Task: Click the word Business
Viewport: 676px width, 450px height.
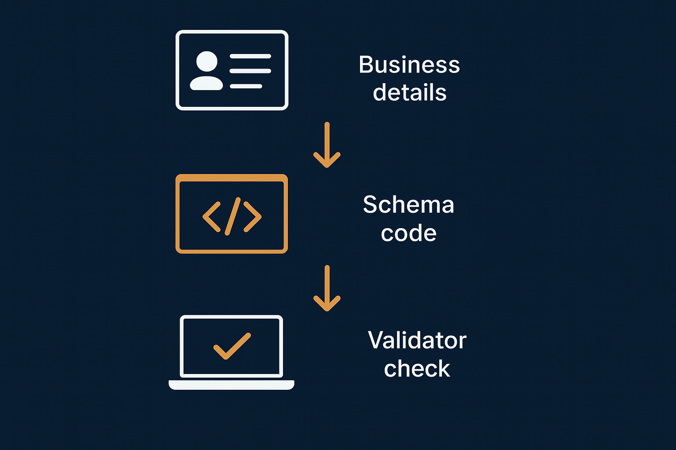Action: (409, 65)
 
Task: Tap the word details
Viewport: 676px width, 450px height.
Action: (409, 93)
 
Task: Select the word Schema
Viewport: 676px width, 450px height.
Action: (408, 205)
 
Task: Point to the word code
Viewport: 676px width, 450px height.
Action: (408, 233)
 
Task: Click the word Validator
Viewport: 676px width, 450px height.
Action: (417, 341)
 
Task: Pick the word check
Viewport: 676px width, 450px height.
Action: (417, 369)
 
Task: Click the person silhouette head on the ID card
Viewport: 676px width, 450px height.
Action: (206, 61)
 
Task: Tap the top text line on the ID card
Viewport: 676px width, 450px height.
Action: (250, 56)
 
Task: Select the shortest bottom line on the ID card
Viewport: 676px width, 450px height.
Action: (246, 86)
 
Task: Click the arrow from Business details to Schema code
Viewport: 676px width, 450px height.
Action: (327, 145)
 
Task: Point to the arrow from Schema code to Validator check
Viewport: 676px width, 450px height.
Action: (327, 288)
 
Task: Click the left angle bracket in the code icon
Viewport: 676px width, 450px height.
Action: (211, 217)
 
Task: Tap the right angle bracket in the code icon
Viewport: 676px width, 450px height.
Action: (253, 217)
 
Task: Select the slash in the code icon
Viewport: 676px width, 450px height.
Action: (232, 216)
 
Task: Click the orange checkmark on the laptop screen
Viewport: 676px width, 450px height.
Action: (231, 346)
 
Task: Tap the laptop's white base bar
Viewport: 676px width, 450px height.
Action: (231, 385)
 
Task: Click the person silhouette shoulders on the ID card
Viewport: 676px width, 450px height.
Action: (206, 83)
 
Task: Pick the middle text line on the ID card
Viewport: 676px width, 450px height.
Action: (250, 71)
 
